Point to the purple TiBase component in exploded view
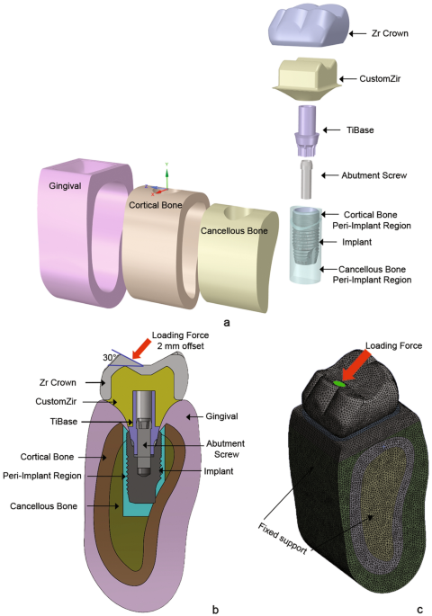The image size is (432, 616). (x=309, y=132)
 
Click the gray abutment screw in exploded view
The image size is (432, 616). (x=308, y=179)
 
